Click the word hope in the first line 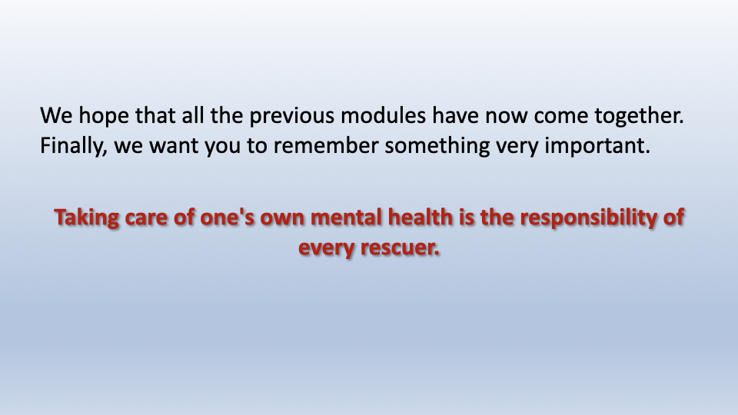pyautogui.click(x=104, y=117)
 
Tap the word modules pyautogui.click(x=383, y=116)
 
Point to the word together pyautogui.click(x=639, y=117)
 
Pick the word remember pyautogui.click(x=326, y=145)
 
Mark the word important pyautogui.click(x=597, y=146)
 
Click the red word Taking pyautogui.click(x=87, y=218)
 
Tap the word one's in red pyautogui.click(x=228, y=217)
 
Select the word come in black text pyautogui.click(x=561, y=117)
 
